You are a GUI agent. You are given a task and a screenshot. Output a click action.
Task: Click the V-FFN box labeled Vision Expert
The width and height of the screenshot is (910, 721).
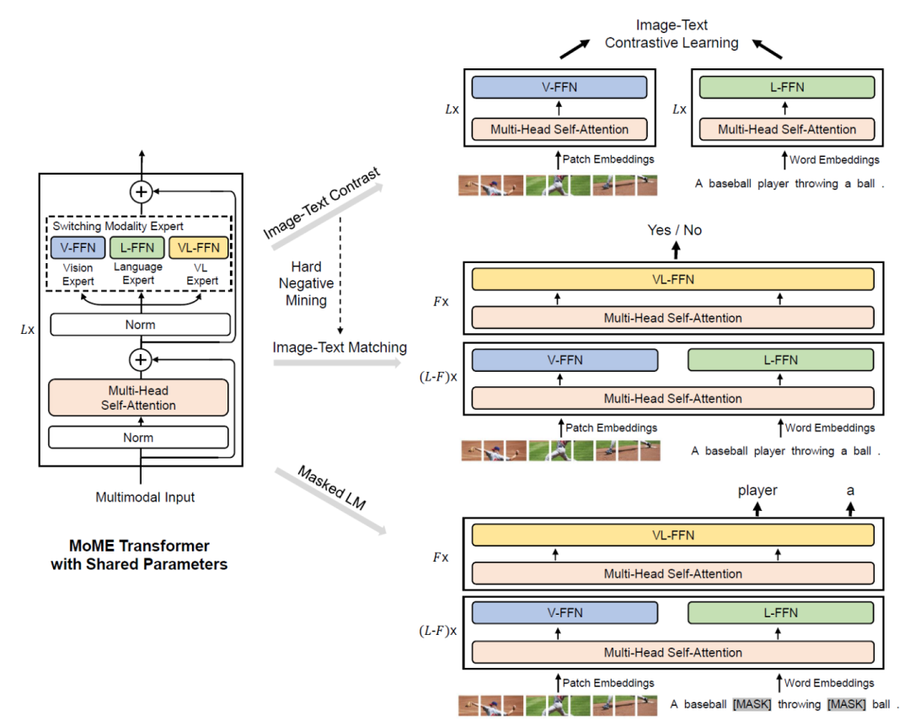coord(78,247)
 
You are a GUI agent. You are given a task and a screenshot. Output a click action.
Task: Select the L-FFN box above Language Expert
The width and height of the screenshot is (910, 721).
coord(137,247)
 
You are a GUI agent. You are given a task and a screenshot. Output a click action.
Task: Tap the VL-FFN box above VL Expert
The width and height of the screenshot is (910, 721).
coord(199,247)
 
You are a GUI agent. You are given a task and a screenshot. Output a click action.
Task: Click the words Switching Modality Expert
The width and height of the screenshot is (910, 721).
coord(118,226)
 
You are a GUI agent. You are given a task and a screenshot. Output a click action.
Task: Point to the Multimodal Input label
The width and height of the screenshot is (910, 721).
coord(145,497)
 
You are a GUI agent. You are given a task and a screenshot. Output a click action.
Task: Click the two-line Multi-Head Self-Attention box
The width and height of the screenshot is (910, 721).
coord(138,398)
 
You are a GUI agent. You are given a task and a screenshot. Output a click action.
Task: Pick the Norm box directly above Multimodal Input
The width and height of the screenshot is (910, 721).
coord(138,438)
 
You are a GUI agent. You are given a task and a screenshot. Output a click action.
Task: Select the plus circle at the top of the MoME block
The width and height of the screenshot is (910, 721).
coord(141,192)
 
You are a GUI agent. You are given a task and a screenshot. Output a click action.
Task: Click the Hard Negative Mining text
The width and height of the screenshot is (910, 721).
coord(307,282)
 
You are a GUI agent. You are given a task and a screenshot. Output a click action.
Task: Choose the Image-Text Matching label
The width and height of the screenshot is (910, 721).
coord(340,347)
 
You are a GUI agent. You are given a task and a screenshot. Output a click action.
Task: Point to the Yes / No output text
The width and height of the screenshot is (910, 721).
coord(674,230)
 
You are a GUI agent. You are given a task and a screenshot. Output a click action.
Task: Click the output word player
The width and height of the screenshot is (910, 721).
coord(757,490)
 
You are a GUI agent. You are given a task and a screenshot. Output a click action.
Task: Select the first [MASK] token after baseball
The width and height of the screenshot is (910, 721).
coord(752,703)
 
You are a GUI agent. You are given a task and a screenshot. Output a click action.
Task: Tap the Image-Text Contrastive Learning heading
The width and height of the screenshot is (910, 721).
coord(672,34)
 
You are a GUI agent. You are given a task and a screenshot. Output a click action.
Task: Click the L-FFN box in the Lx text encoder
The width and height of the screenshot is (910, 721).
coord(787,88)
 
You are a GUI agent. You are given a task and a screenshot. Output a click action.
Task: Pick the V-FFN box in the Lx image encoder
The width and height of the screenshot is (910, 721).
coord(559,88)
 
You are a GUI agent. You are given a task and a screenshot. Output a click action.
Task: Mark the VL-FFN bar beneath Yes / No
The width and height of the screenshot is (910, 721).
coord(672,280)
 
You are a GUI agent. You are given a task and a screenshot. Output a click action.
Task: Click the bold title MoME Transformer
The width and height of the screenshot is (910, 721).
coord(139,546)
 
